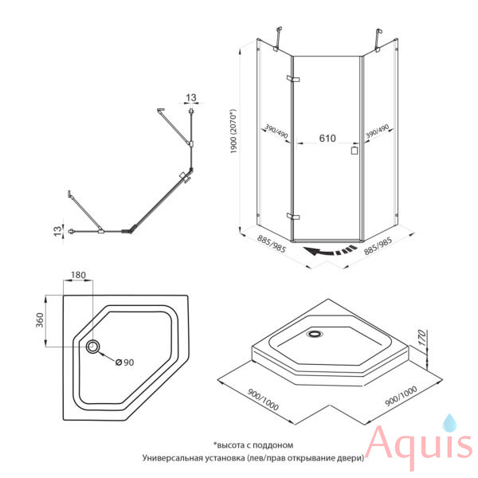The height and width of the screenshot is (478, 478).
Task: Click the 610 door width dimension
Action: (x=327, y=139)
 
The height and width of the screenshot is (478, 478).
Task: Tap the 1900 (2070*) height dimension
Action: (x=233, y=131)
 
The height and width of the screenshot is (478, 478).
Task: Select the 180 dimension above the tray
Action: (x=78, y=275)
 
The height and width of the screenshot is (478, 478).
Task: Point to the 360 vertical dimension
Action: (x=40, y=319)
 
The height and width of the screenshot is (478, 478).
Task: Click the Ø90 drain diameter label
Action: (x=125, y=362)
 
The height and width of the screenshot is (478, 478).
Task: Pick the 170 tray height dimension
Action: (x=421, y=338)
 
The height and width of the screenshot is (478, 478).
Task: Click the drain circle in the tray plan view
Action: (x=92, y=347)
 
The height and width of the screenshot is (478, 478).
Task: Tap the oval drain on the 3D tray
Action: (x=315, y=334)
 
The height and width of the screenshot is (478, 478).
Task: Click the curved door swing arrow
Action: (x=330, y=251)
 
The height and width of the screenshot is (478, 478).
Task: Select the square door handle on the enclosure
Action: (x=355, y=151)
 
